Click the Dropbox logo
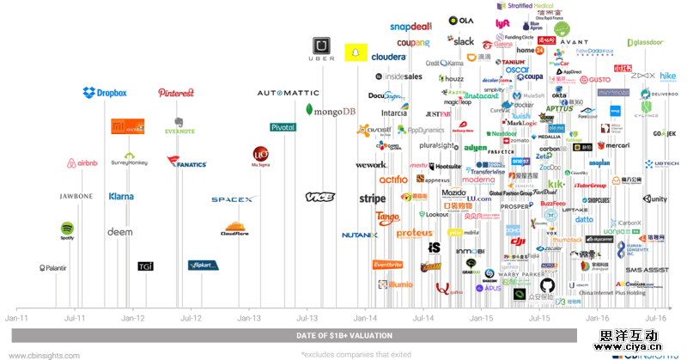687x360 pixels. pyautogui.click(x=105, y=93)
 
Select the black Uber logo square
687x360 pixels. pyautogui.click(x=322, y=47)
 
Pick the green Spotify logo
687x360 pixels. pyautogui.click(x=68, y=231)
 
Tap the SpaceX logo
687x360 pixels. pyautogui.click(x=234, y=199)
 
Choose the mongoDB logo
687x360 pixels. pyautogui.click(x=331, y=111)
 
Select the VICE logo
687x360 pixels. pyautogui.click(x=319, y=198)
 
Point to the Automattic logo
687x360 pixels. pyautogui.click(x=289, y=93)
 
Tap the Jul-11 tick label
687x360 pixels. pyautogui.click(x=74, y=318)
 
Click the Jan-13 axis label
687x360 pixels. pyautogui.click(x=249, y=318)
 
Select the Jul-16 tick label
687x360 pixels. pyautogui.click(x=656, y=318)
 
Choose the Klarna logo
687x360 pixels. pyautogui.click(x=121, y=197)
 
